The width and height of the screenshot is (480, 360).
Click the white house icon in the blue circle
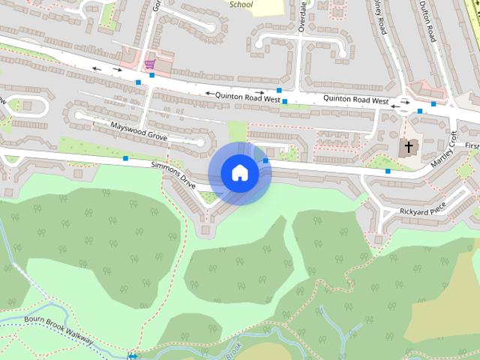tap(239, 173)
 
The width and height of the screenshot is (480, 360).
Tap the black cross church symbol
tap(409, 147)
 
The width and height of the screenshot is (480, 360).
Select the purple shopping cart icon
tap(150, 65)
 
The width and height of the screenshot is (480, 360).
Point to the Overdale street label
tap(303, 16)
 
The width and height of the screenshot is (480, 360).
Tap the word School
tap(241, 4)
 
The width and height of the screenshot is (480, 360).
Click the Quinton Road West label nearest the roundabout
tap(355, 100)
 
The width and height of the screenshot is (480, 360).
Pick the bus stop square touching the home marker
tap(266, 160)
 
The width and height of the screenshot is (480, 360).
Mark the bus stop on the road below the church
tap(388, 172)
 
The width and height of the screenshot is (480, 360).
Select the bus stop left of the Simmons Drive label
tap(125, 158)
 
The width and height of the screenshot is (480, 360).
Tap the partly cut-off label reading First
tap(471, 145)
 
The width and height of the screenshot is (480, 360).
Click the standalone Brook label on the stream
tap(234, 348)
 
